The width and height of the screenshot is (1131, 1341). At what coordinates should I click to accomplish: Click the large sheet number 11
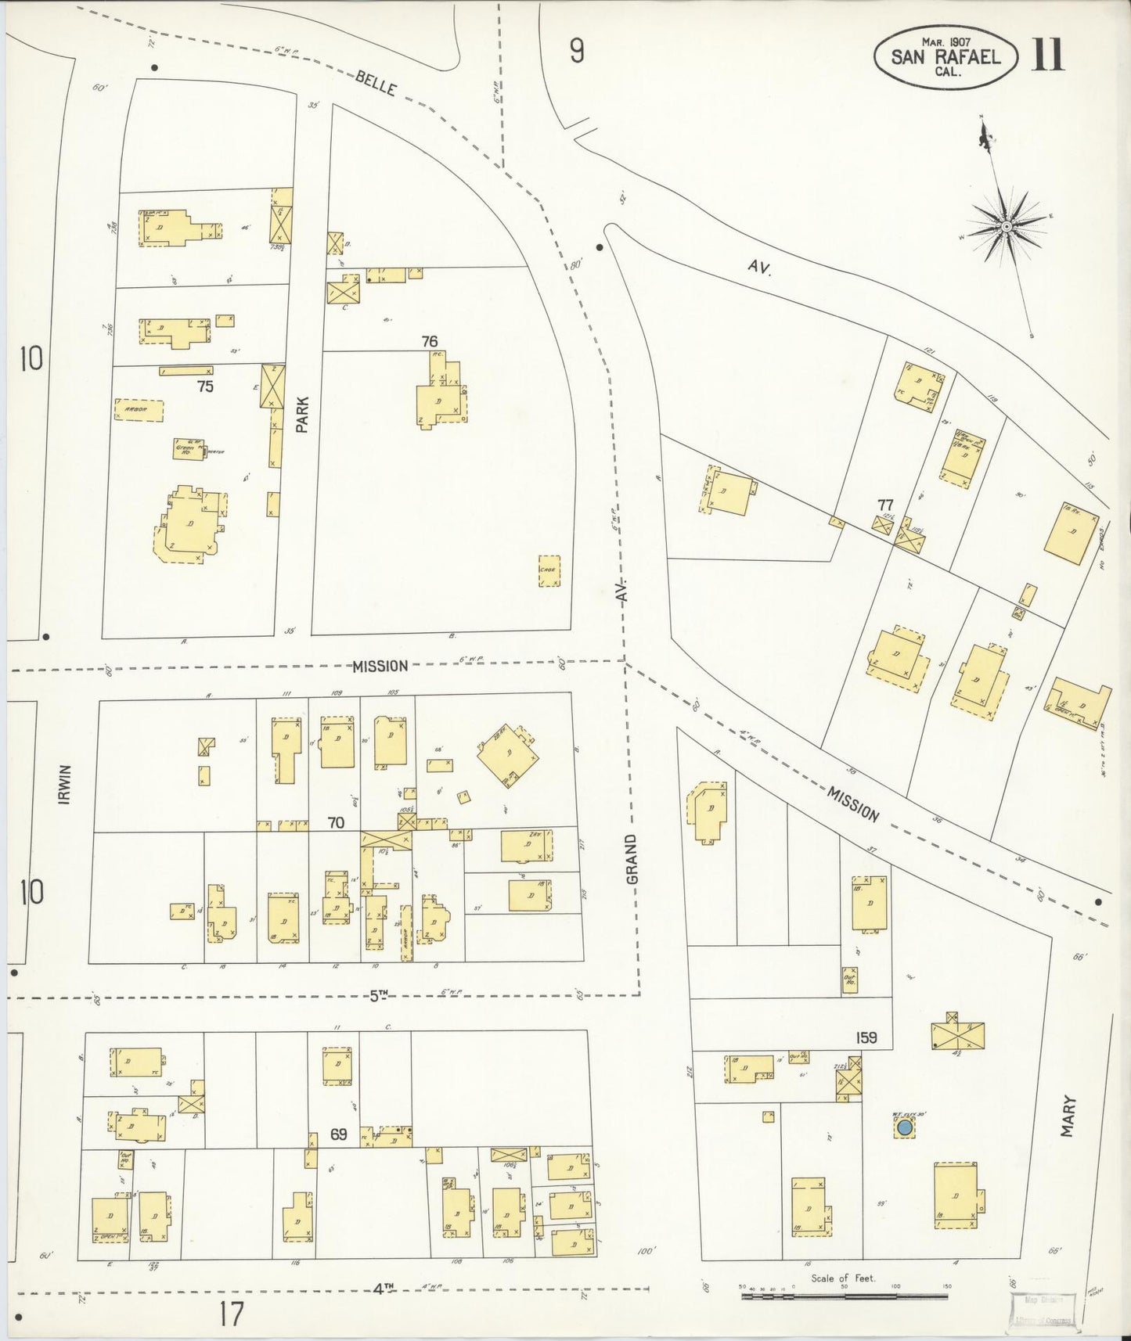click(1047, 55)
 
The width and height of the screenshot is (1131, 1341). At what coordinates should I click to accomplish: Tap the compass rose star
click(1007, 227)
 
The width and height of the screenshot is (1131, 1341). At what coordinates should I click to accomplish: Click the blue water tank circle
click(904, 1127)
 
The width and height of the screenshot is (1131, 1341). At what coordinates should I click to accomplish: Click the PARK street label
click(303, 415)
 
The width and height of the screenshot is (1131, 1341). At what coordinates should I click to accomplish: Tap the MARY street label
click(1068, 1116)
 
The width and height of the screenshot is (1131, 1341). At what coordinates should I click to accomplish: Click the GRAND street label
click(631, 859)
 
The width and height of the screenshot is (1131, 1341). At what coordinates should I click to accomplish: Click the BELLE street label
click(375, 83)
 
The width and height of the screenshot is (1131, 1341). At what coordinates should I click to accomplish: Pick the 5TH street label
click(379, 996)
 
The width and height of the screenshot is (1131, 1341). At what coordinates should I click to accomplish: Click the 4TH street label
click(382, 1288)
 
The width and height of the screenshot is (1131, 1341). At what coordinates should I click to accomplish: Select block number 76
click(429, 341)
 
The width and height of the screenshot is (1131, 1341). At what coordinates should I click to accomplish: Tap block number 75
click(205, 386)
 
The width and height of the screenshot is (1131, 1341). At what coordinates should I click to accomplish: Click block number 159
click(866, 1037)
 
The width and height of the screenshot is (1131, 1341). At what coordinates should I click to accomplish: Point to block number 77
click(884, 505)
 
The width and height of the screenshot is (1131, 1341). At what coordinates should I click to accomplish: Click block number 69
click(337, 1134)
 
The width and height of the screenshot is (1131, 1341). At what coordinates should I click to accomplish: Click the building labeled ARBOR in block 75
click(139, 410)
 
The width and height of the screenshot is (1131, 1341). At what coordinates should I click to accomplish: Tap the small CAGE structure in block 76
click(549, 570)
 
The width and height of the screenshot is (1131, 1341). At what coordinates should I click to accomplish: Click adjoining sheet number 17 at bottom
click(232, 1314)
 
